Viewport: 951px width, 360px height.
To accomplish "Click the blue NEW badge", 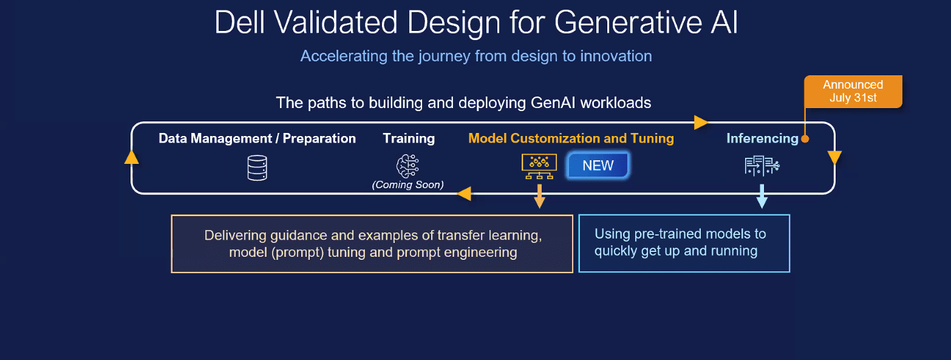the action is (x=598, y=165).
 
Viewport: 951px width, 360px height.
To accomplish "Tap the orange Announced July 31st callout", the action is (x=853, y=91).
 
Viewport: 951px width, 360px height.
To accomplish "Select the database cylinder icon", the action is (x=257, y=168).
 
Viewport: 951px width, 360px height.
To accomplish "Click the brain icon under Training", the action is (x=407, y=166).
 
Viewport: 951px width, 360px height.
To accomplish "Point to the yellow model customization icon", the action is (x=539, y=166).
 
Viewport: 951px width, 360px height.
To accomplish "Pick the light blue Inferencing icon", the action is (x=762, y=166).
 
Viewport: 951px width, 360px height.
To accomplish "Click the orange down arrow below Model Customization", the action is (x=539, y=196).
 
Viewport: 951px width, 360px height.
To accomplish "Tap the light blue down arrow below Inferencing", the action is (x=762, y=196).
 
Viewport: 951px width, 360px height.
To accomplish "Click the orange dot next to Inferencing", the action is (x=805, y=139).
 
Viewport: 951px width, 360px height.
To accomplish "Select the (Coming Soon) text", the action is (x=407, y=185).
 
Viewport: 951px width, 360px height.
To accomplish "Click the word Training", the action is (x=409, y=138).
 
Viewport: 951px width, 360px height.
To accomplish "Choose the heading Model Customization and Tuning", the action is (x=571, y=138).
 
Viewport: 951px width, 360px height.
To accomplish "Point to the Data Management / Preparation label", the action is (x=257, y=138).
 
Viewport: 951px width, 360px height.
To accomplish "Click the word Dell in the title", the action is (x=240, y=22).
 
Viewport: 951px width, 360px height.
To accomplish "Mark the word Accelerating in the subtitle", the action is (x=344, y=56).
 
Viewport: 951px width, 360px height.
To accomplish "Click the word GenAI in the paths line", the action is (x=553, y=103).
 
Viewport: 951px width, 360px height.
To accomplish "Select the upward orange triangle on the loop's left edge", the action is (x=132, y=157).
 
